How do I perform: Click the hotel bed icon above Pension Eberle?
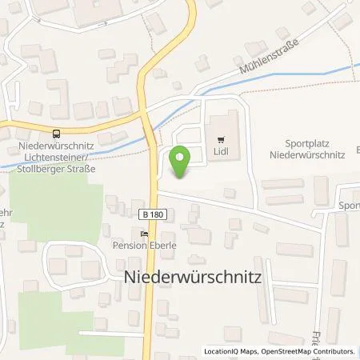[143, 234]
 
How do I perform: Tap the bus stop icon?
[56, 134]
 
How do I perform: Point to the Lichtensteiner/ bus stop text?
[56, 157]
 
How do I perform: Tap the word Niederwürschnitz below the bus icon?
[56, 146]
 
